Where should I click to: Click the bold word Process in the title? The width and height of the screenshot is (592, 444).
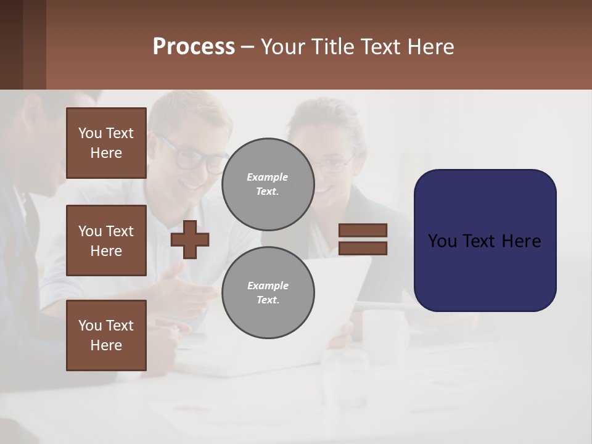point(194,47)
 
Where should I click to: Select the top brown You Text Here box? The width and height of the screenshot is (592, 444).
point(106,143)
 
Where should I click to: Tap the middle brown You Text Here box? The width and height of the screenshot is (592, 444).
point(106,240)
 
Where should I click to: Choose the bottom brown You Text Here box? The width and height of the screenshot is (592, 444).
point(106,335)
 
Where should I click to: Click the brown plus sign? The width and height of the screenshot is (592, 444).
point(190,239)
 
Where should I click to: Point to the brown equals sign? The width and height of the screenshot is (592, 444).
point(363,239)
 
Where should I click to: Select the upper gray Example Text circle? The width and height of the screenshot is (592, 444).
point(268,184)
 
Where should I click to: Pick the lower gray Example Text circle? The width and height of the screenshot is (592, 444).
point(268,293)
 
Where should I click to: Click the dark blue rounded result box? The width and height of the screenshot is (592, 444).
point(485,240)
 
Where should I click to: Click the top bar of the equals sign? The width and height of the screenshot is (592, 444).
point(363,230)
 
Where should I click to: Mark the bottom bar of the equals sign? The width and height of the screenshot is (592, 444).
point(363,249)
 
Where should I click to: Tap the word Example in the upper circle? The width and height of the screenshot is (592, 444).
point(268,177)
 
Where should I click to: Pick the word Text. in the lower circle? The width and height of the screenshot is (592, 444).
point(268,300)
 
